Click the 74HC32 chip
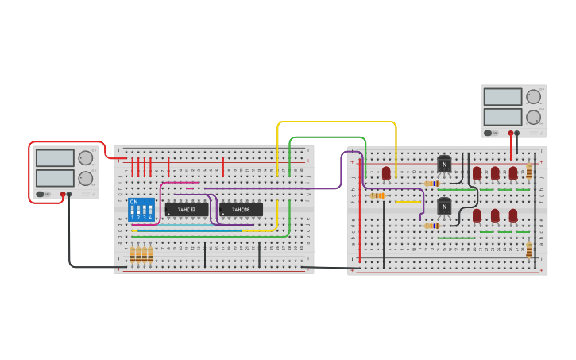(187, 210)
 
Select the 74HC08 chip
(241, 210)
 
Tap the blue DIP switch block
(141, 210)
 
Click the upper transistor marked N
(444, 165)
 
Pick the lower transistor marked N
(444, 207)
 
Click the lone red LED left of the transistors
(386, 172)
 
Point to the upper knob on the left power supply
(84, 157)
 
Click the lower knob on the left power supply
(84, 178)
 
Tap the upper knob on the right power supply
(533, 97)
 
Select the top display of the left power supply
(55, 158)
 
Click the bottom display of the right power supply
(502, 117)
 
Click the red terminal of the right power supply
(511, 133)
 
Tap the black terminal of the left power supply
(69, 194)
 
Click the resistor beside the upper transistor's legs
(431, 183)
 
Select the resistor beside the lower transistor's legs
(431, 226)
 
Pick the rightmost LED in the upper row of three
(513, 172)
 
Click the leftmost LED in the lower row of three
(477, 215)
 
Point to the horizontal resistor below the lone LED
(377, 195)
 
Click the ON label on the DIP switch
(133, 202)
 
